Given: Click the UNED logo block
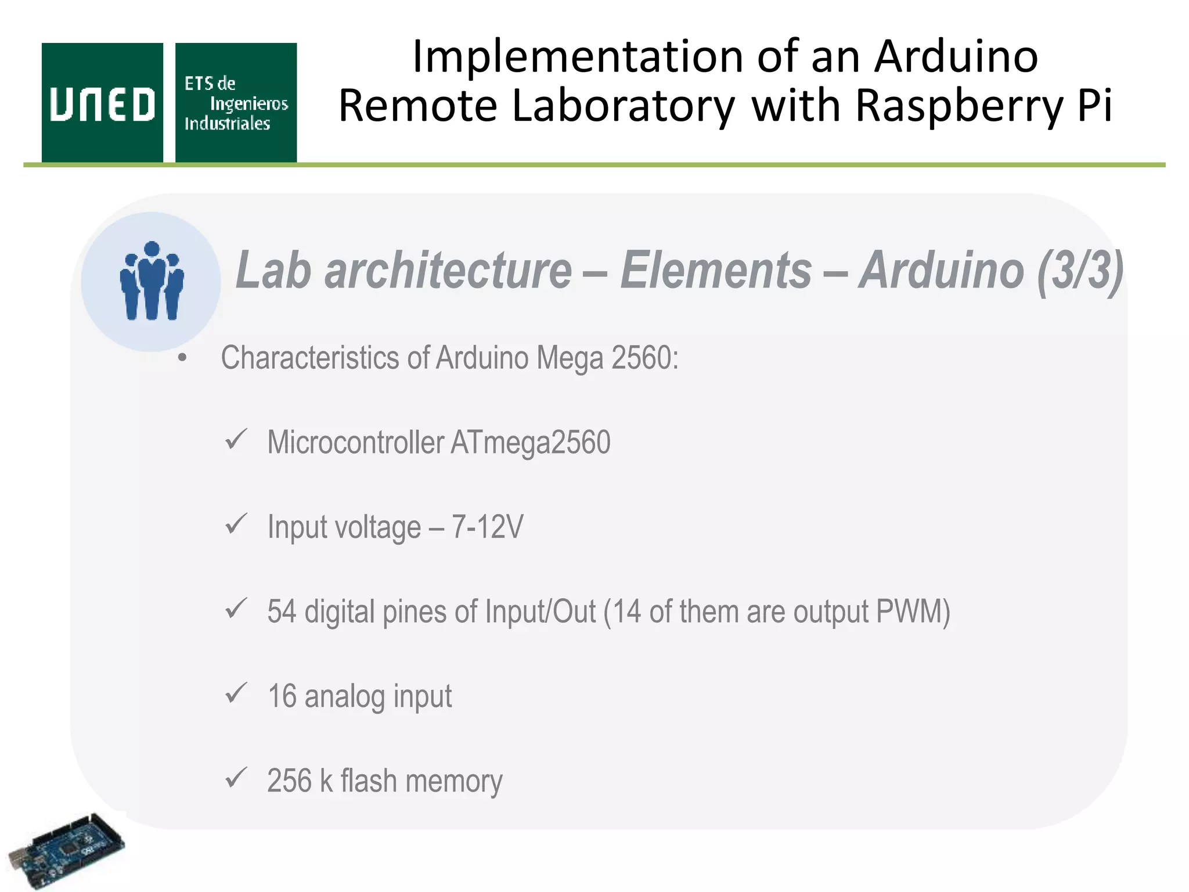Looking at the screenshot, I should (102, 103).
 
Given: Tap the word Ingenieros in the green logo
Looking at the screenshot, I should (248, 104).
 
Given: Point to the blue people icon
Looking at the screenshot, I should (152, 280).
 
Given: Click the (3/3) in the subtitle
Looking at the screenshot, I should (1080, 270).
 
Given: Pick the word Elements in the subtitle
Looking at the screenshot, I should (715, 270).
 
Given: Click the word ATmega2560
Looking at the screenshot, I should (530, 443).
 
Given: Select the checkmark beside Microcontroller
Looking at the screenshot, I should (236, 440).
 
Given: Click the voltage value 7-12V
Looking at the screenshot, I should (488, 527).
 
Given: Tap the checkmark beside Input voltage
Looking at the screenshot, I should (236, 524).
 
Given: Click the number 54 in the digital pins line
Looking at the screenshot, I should (282, 612).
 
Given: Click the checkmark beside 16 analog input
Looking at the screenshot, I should (236, 693).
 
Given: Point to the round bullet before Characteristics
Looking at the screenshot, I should (182, 358).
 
